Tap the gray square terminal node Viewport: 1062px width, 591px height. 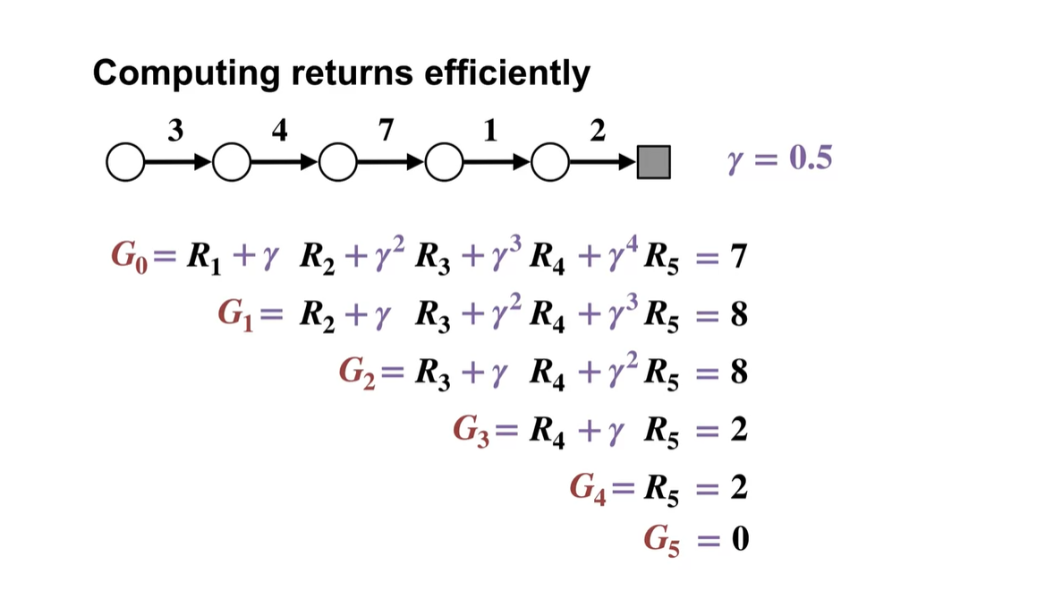click(653, 163)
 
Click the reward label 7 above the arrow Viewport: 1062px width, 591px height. click(386, 132)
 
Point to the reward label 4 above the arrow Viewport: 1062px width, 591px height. click(280, 132)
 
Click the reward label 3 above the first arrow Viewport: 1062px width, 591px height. click(175, 132)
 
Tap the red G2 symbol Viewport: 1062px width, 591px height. click(354, 373)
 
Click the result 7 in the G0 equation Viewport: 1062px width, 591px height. click(738, 258)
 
